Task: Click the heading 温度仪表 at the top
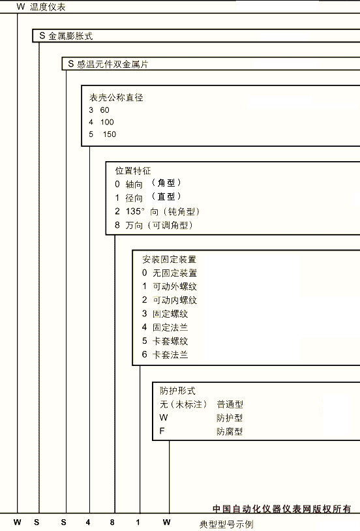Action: (x=48, y=7)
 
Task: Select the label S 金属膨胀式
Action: (x=66, y=36)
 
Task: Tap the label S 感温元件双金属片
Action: (x=108, y=64)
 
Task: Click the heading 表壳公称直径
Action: (x=116, y=98)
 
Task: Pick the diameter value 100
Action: (x=107, y=122)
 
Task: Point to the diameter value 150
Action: (x=110, y=134)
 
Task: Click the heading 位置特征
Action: (x=133, y=171)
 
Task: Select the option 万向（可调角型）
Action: (x=159, y=225)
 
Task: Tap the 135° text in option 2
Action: (x=135, y=211)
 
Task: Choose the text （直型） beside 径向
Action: (x=166, y=196)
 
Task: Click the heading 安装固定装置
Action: (x=169, y=260)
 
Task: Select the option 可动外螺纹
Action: (x=175, y=286)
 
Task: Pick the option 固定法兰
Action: (x=170, y=327)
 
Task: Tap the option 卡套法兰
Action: (x=170, y=355)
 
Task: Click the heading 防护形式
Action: (x=177, y=391)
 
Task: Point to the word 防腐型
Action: (x=230, y=431)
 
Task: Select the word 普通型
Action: (x=230, y=404)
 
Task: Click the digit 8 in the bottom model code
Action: (x=112, y=523)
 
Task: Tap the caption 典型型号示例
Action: (x=226, y=524)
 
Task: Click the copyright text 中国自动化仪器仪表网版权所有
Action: (x=282, y=509)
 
